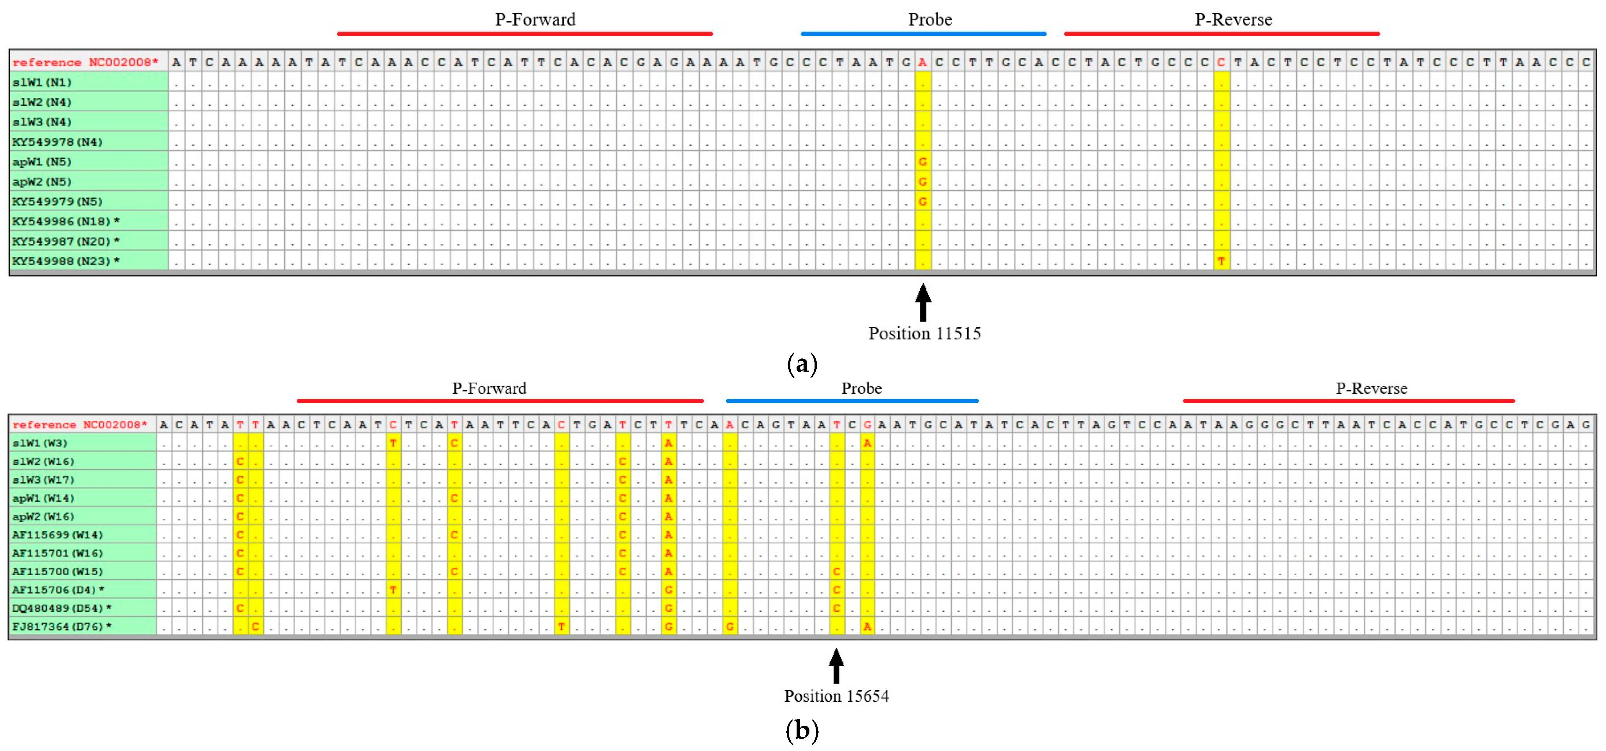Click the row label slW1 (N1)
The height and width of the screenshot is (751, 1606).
(42, 82)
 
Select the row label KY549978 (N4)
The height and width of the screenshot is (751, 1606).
(58, 141)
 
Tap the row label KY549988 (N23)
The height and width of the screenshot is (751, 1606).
(66, 261)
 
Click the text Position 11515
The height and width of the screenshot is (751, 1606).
(924, 334)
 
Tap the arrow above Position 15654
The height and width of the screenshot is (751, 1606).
(836, 666)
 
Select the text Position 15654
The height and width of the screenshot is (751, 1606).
(836, 696)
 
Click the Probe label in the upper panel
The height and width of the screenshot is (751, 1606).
(930, 19)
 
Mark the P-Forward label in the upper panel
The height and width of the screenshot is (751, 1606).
(535, 19)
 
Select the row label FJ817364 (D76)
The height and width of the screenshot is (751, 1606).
(61, 627)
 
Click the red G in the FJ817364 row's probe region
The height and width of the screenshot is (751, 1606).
(730, 627)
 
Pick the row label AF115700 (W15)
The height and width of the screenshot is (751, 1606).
(58, 572)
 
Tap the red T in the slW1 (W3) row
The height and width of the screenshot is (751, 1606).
(393, 443)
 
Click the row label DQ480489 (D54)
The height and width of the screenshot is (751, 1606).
(61, 608)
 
